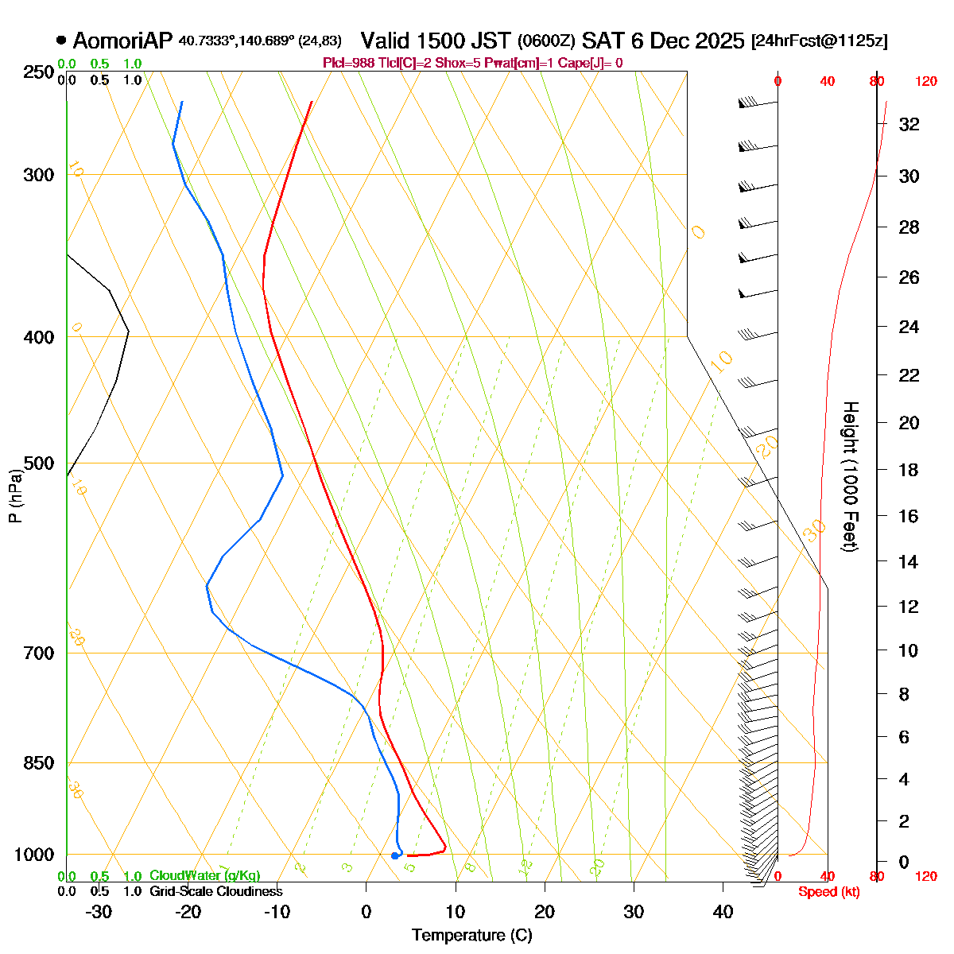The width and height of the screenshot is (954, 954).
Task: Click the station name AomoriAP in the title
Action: (122, 41)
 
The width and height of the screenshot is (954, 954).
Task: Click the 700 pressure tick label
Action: (39, 653)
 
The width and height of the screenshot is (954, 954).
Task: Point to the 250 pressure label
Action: (39, 72)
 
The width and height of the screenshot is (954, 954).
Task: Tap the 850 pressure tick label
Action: (39, 763)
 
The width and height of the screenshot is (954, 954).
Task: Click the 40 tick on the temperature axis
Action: (723, 912)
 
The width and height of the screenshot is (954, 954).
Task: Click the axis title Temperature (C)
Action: (471, 936)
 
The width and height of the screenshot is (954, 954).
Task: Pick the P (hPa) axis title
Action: (15, 496)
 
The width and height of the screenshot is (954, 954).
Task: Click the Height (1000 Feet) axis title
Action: (850, 476)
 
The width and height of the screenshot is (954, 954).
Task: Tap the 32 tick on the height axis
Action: (909, 125)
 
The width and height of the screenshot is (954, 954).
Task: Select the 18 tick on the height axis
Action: (909, 470)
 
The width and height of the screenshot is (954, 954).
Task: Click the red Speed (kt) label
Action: (828, 892)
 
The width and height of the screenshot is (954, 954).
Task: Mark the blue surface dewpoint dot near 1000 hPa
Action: (395, 855)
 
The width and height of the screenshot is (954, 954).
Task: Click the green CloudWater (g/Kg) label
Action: (204, 876)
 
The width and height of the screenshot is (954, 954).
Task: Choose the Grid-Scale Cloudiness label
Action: (215, 892)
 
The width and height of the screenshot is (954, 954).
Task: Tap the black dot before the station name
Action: (61, 41)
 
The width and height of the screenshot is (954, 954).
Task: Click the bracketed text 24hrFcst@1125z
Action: (819, 41)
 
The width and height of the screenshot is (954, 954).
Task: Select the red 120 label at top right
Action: (925, 81)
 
